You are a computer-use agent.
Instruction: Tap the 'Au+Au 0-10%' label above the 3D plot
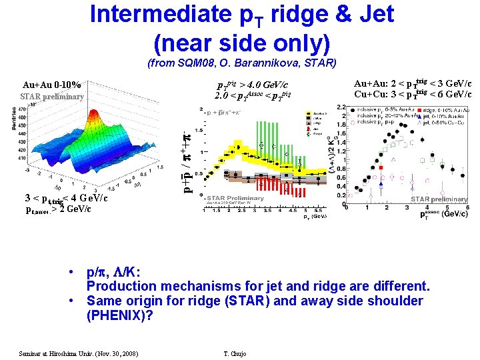pos(52,85)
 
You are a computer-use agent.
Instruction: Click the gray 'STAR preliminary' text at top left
pos(52,97)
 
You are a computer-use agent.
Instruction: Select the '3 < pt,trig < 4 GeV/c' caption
pos(65,198)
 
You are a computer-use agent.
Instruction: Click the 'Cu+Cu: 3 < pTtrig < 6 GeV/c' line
pos(412,95)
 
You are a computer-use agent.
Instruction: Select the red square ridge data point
pos(381,168)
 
